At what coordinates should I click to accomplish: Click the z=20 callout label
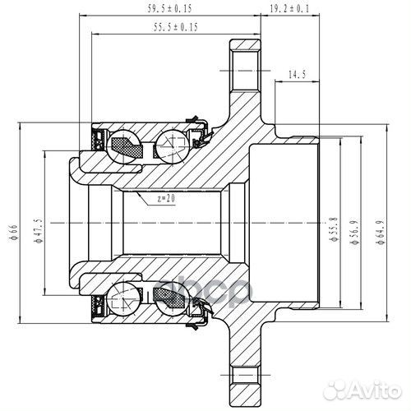click(x=165, y=198)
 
